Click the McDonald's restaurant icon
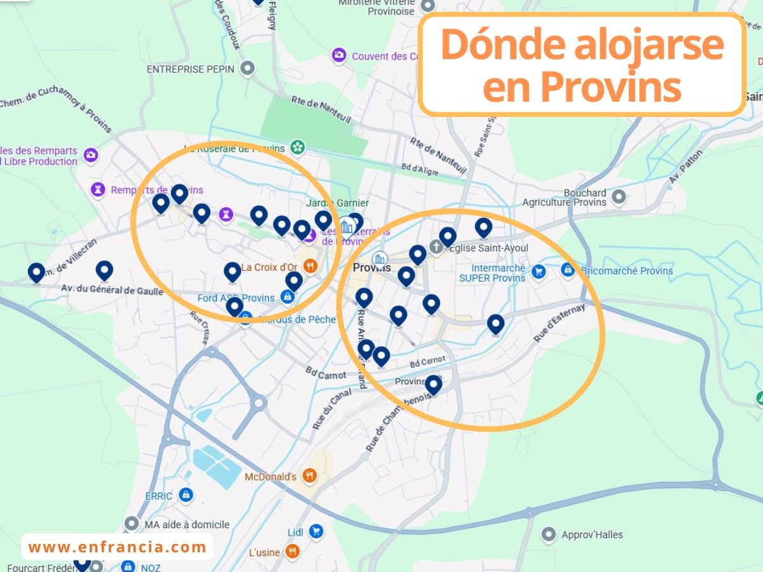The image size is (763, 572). [x=309, y=475]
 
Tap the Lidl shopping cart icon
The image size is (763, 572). [x=315, y=531]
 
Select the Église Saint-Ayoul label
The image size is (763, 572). [x=488, y=248]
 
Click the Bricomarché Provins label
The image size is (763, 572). [x=627, y=271]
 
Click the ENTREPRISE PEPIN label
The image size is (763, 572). [x=191, y=69]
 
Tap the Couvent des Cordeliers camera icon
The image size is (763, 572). [x=340, y=56]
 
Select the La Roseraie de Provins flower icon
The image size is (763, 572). [x=297, y=147]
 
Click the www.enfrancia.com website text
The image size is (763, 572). [x=118, y=547]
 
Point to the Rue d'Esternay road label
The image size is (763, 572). [x=558, y=322]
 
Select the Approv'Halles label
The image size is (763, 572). [x=592, y=535]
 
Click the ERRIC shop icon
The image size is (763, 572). [x=186, y=494]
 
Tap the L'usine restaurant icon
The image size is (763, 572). [x=292, y=551]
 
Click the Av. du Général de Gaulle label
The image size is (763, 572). [x=112, y=291]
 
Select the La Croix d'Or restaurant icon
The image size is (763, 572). [x=310, y=267]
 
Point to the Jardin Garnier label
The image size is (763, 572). [x=337, y=203]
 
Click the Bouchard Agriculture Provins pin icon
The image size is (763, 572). [x=619, y=197]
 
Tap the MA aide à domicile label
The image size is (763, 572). [x=187, y=524]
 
